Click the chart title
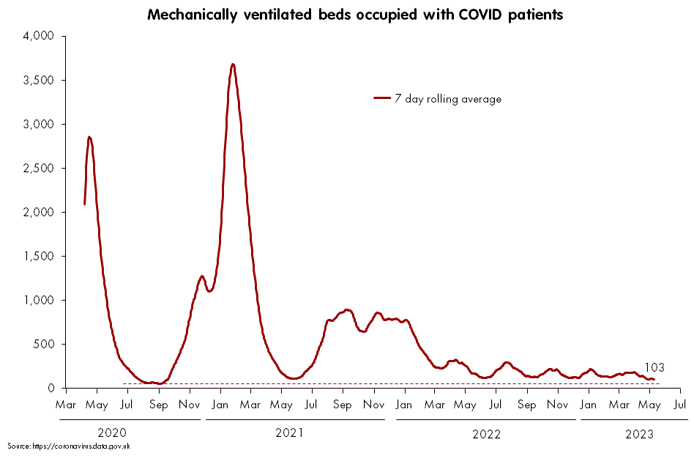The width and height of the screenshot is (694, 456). point(355,15)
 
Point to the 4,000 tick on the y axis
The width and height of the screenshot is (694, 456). point(38,36)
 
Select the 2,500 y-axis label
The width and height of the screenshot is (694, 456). point(38,169)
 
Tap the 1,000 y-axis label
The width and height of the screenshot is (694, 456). point(38,301)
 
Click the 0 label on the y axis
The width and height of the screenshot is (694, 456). point(51,389)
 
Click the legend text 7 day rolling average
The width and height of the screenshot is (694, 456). point(448,99)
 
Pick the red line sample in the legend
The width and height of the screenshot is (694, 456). point(382,98)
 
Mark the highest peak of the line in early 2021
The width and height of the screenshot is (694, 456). point(233,65)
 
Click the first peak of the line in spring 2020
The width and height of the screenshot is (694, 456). point(89,137)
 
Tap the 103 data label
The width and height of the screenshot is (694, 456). point(654,367)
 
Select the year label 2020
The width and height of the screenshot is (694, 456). point(112,433)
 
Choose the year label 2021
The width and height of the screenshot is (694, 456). point(289,433)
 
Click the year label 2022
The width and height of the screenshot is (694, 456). point(486,434)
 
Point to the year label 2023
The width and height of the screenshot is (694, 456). point(640,434)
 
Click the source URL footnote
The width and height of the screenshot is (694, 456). point(69,446)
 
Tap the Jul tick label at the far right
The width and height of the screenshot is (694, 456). point(680,405)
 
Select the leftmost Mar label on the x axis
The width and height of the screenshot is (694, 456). point(65,405)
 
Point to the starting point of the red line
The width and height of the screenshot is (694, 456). point(84,204)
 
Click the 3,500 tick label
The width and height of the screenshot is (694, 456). point(38,80)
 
